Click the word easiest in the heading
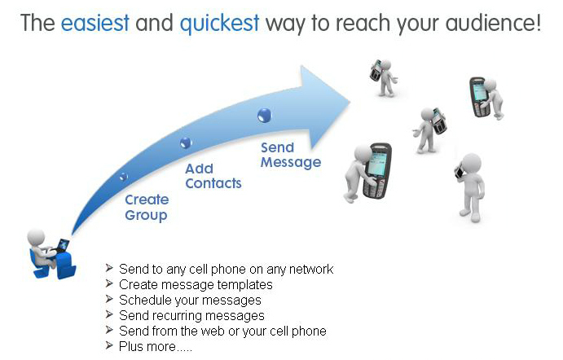(x=95, y=23)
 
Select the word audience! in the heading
(x=494, y=23)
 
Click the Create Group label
(x=147, y=208)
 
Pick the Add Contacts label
(x=213, y=176)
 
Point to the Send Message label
(x=291, y=155)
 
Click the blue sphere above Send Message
(x=265, y=115)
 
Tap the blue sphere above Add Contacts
(x=186, y=143)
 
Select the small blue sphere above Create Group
(x=124, y=177)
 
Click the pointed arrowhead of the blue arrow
(x=350, y=103)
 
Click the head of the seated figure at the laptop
(x=36, y=237)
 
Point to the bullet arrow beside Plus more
(x=109, y=345)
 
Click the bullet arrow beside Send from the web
(x=109, y=330)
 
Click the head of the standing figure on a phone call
(x=471, y=164)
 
